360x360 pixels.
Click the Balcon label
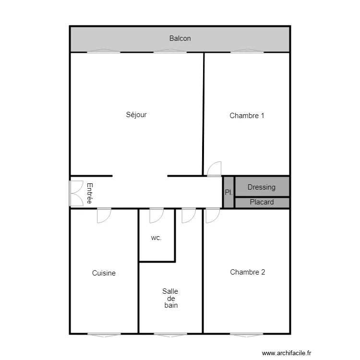(180, 38)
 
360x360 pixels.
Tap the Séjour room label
(136, 115)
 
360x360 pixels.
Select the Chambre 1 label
(247, 115)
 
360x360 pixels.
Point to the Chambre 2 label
(247, 272)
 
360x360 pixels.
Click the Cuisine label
(104, 273)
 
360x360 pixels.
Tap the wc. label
(156, 238)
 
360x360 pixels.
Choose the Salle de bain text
(170, 298)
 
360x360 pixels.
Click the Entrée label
(89, 193)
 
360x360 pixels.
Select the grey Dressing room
(262, 187)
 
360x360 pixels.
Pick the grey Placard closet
(262, 202)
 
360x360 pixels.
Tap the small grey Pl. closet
(228, 192)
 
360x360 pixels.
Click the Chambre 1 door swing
(214, 169)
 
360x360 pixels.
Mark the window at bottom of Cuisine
(104, 334)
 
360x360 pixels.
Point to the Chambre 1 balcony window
(247, 51)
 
